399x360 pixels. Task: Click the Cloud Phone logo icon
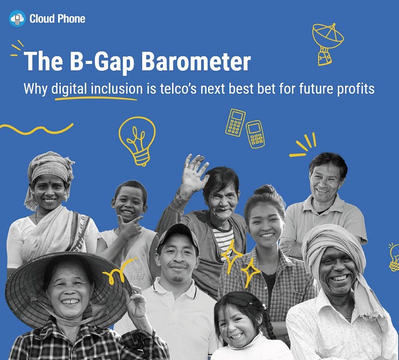coord(17,18)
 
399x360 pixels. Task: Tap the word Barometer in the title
coord(196,62)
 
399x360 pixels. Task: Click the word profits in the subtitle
coord(356,89)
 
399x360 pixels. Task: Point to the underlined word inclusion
coord(117,89)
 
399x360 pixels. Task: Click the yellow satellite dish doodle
coord(328,44)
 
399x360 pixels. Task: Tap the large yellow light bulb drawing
coord(138,141)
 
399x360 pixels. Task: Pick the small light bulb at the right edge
coord(394,257)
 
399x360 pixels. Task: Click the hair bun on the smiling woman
coord(265,190)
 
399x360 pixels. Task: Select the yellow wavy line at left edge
coord(36,129)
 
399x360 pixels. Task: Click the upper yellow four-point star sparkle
coord(231,255)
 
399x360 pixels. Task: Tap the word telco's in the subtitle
coord(178,89)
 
